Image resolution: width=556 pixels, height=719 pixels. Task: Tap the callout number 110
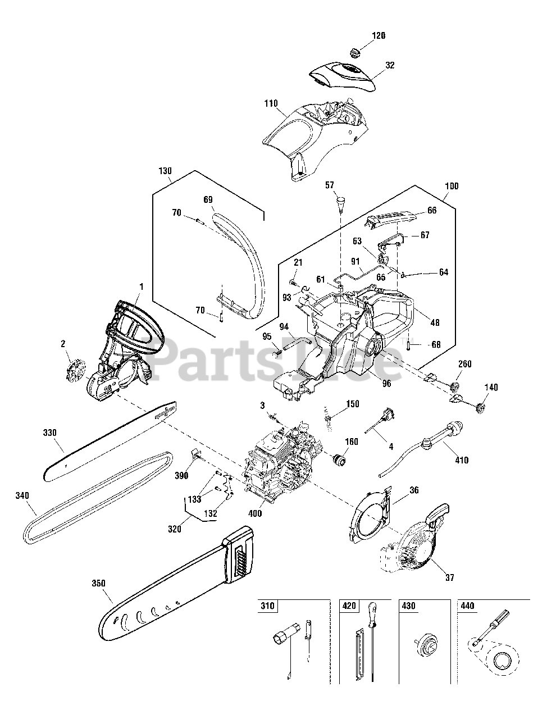tap(271, 103)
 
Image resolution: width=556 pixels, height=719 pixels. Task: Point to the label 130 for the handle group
tap(165, 171)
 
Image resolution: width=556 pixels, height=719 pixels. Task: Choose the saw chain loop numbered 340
tap(95, 494)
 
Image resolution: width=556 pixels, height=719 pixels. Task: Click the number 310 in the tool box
tap(268, 607)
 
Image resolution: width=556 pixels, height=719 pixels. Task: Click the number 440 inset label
tap(467, 607)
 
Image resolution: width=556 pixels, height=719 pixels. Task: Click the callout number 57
tap(329, 185)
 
